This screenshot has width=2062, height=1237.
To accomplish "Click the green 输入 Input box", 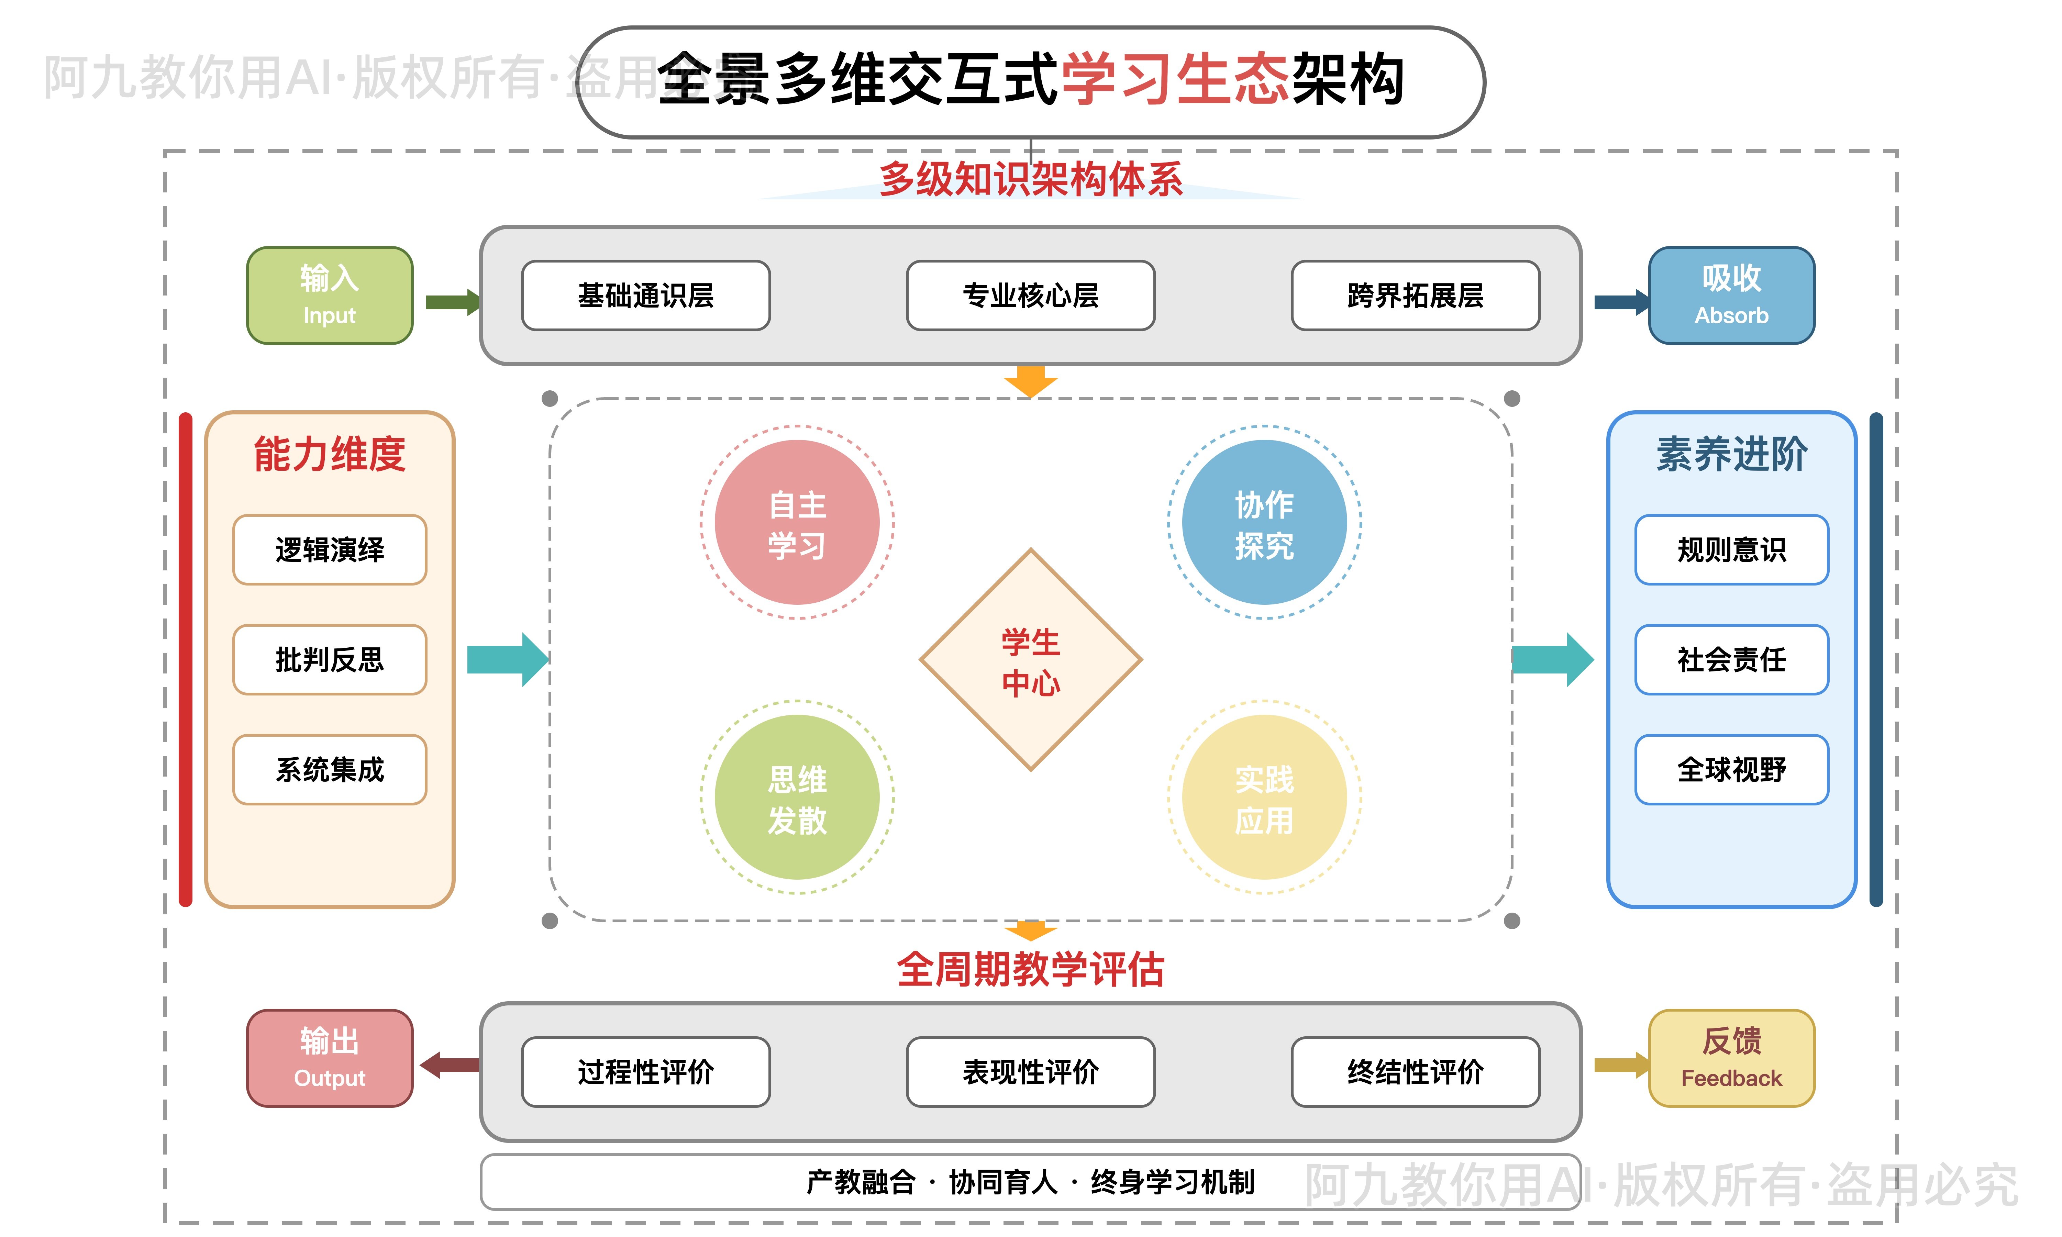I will [x=329, y=295].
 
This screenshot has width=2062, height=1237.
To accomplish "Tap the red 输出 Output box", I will [x=329, y=1058].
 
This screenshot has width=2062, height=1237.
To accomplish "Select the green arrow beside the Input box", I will [x=452, y=302].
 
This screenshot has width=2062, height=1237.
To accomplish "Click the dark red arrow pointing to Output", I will [x=450, y=1065].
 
